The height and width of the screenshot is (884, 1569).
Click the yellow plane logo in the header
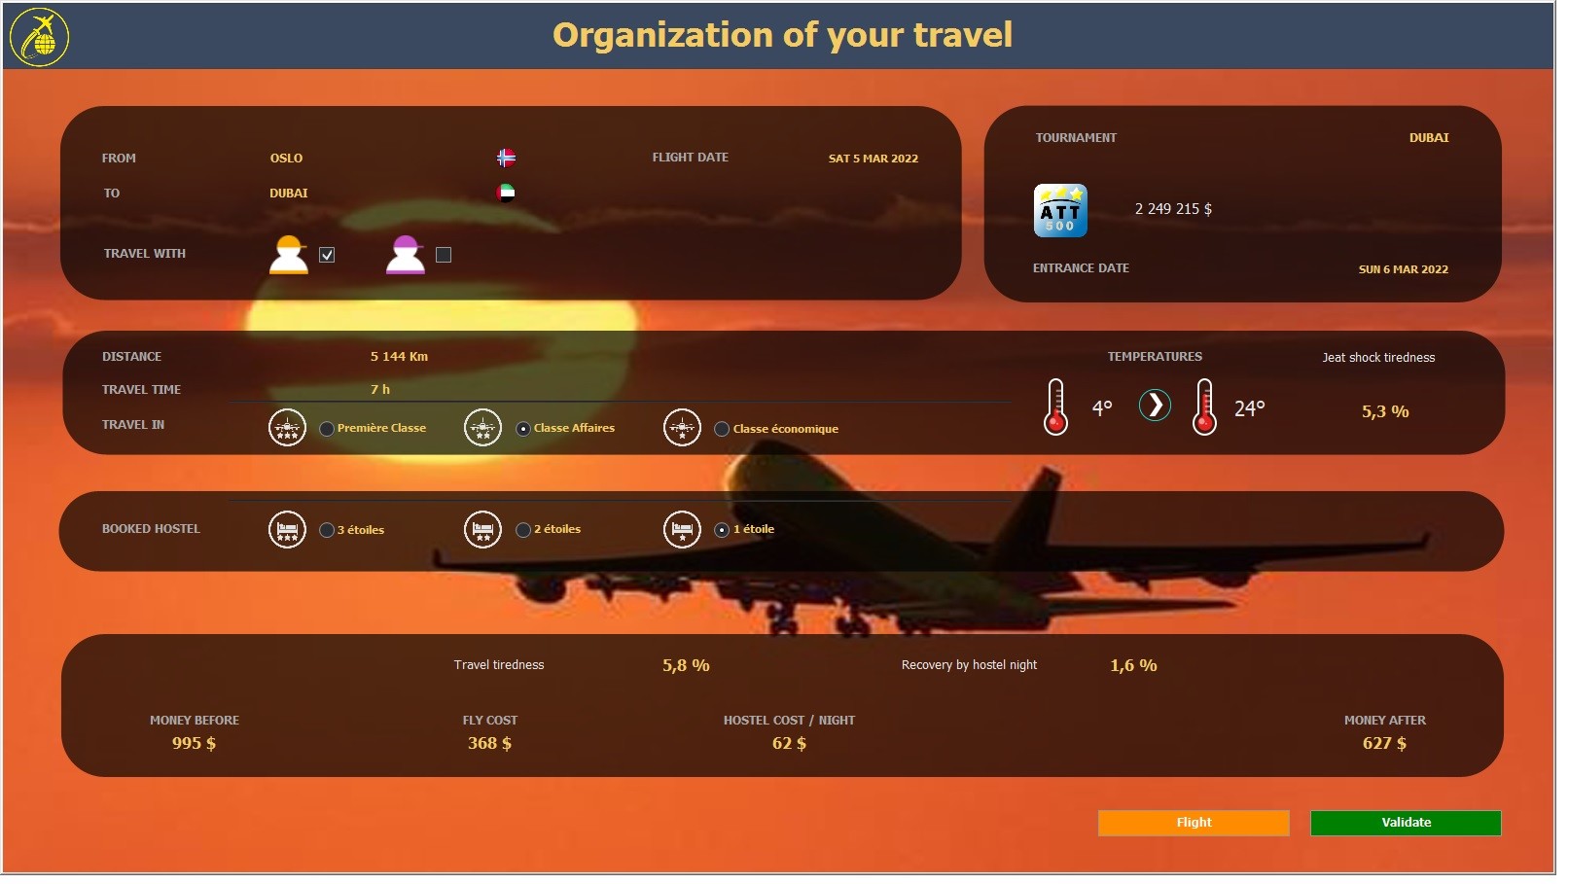(40, 37)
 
